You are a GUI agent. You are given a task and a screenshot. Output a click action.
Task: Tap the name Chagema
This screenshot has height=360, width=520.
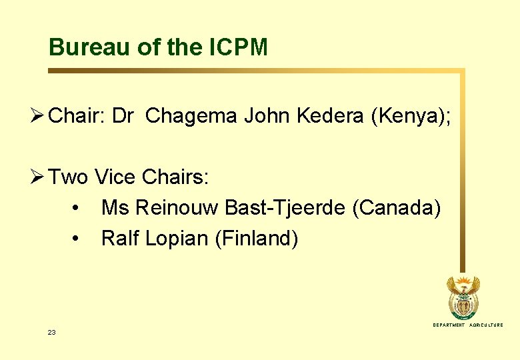[191, 117]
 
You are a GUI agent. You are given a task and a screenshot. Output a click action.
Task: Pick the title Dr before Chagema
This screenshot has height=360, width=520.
[123, 117]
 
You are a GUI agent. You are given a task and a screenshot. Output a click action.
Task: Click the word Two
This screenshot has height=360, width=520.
[69, 177]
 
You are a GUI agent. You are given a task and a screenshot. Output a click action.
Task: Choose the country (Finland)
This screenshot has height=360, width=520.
[256, 239]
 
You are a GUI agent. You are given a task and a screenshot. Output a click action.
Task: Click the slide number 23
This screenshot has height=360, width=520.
[51, 332]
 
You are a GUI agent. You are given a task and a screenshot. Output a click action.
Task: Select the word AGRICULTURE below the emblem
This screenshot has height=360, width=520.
[487, 325]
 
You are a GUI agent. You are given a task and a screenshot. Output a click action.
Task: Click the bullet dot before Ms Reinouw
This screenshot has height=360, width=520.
[79, 209]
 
